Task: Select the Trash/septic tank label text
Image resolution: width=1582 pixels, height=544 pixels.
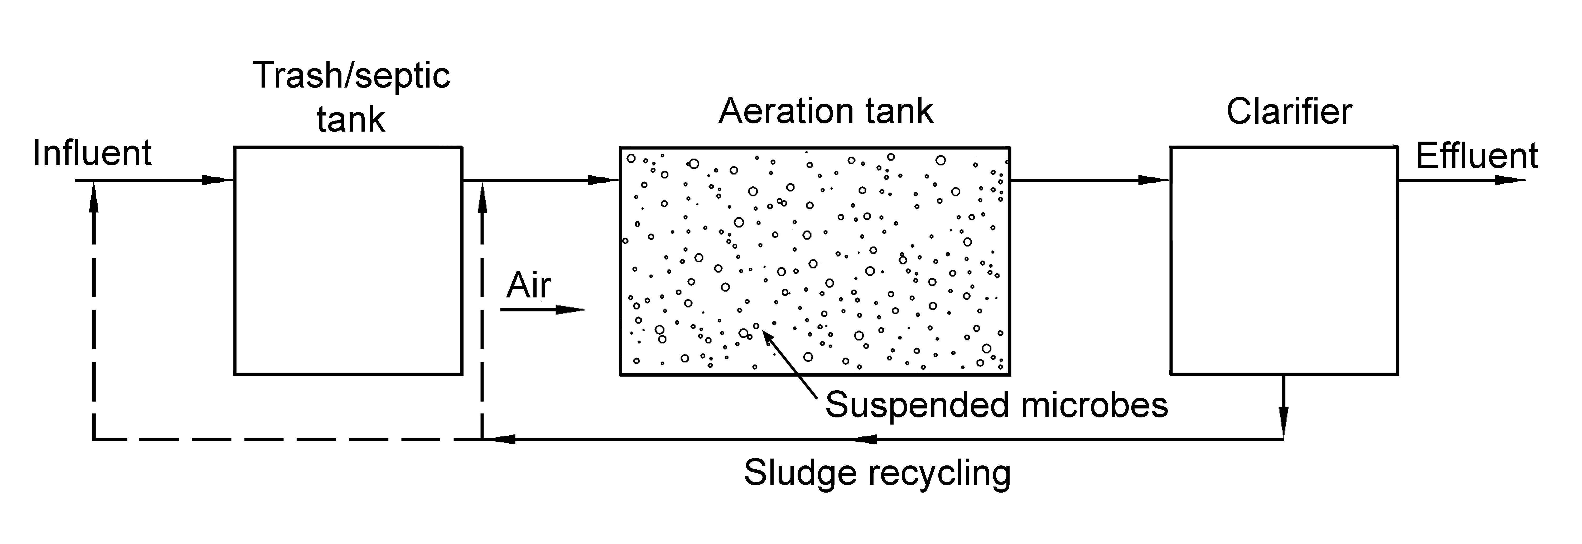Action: pos(351,97)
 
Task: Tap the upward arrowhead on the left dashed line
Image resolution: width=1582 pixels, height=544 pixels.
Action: pos(93,196)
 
